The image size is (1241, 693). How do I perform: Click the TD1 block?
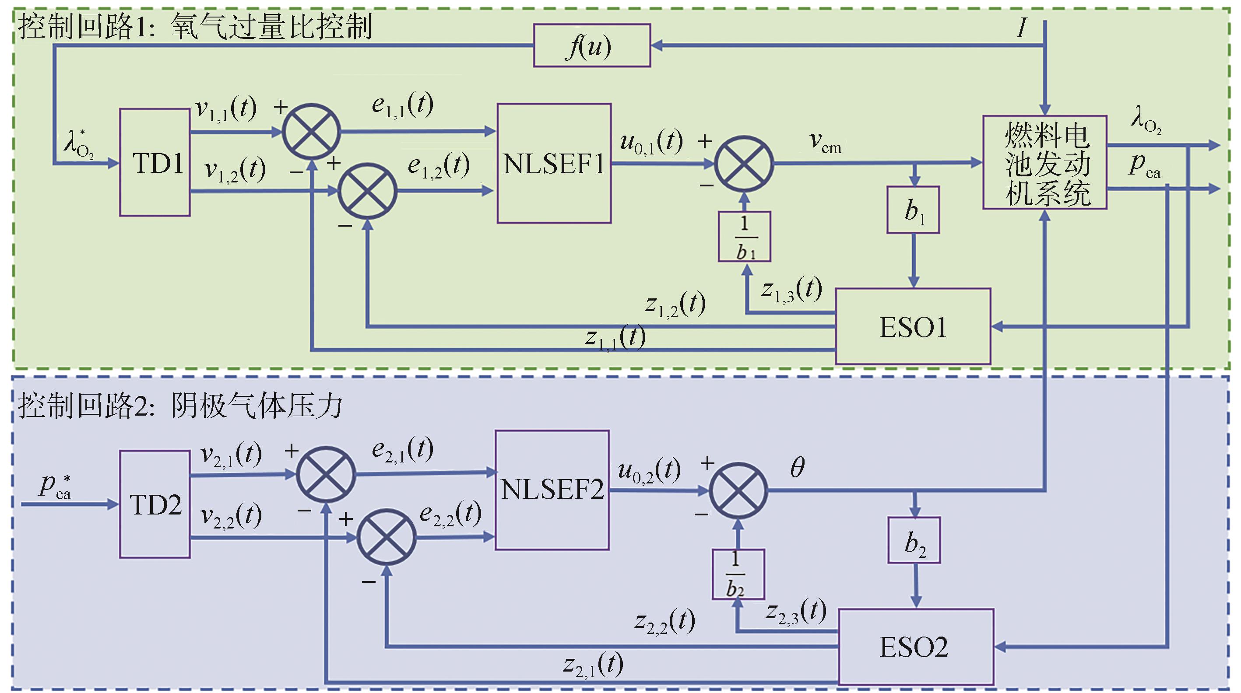click(x=155, y=162)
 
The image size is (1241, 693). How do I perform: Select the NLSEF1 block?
click(x=554, y=163)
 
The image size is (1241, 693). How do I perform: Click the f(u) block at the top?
click(x=591, y=46)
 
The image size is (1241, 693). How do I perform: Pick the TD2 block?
click(x=155, y=504)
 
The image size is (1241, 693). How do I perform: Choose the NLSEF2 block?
click(x=552, y=490)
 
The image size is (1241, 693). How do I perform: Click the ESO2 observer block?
click(x=915, y=646)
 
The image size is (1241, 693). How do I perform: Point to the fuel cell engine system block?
click(x=1044, y=162)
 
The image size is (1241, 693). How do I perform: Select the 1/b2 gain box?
click(x=738, y=574)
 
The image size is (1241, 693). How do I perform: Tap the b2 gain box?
click(x=914, y=540)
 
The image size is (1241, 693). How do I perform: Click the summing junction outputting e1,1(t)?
click(x=311, y=131)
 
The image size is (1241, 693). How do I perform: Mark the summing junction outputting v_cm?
click(x=744, y=164)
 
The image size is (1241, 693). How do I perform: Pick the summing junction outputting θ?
click(x=738, y=491)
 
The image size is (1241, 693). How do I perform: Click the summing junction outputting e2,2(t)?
click(x=386, y=537)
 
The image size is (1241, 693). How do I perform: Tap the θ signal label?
click(x=797, y=467)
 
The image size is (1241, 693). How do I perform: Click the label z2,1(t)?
click(x=593, y=665)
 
